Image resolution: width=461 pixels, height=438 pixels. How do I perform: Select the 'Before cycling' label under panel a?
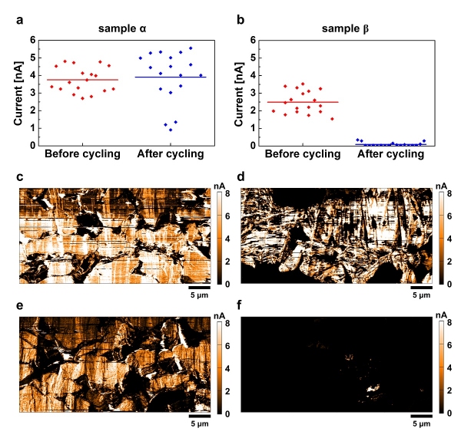click(82, 154)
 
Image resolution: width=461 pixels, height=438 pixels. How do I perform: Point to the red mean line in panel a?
click(83, 79)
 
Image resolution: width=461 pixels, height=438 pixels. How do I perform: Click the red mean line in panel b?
click(303, 102)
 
